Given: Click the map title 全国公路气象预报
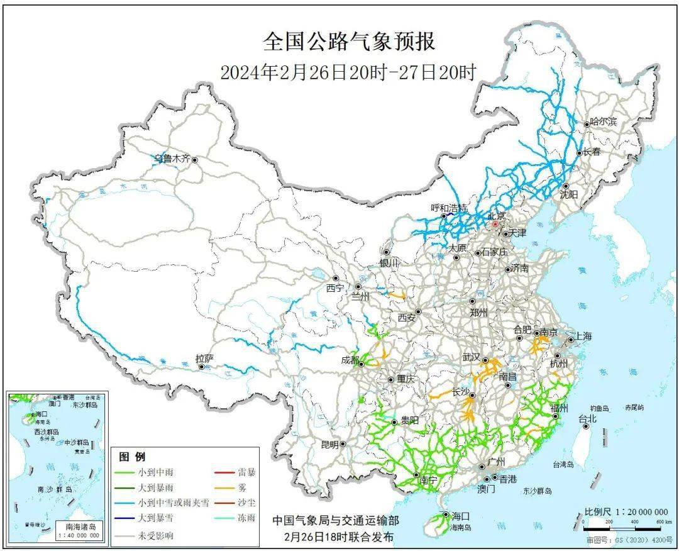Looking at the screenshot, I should (348, 42).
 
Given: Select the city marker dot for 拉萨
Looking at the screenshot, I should (201, 367).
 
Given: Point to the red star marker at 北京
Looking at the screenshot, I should (495, 223).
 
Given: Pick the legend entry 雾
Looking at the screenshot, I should (242, 487).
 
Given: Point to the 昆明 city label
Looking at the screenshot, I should (329, 444).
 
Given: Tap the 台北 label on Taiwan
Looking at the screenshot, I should (587, 418).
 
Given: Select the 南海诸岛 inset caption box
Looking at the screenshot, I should (79, 530).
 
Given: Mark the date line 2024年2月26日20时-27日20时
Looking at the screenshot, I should (348, 72).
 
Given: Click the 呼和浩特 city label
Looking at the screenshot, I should (449, 208).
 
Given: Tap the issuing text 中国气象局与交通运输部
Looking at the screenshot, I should (335, 521).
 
